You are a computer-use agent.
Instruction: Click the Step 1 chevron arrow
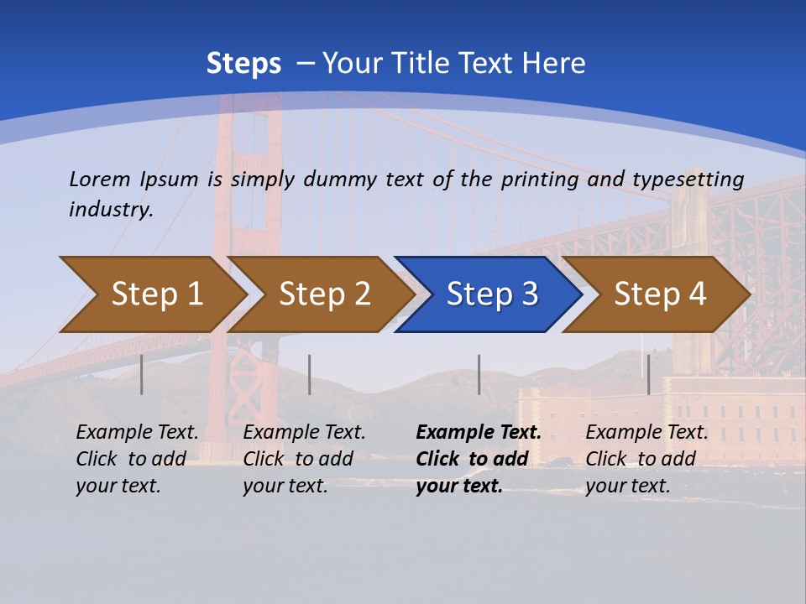pos(154,294)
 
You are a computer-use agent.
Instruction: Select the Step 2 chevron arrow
pos(322,294)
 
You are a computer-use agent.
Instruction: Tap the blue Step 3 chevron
pos(490,294)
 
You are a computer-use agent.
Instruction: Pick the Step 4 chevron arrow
pos(658,294)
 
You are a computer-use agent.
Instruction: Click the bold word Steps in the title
pos(243,64)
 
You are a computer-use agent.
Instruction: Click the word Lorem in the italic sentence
pos(99,179)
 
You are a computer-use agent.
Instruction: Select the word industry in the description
pos(111,210)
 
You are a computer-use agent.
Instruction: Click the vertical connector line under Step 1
pos(142,374)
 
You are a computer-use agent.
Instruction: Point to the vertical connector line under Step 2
pos(310,374)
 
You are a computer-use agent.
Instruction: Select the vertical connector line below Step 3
pos(479,374)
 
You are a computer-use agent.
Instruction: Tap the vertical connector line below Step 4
pos(648,374)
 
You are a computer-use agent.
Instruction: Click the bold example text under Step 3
pos(478,459)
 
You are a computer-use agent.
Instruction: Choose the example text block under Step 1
pos(137,459)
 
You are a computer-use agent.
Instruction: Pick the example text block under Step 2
pos(304,459)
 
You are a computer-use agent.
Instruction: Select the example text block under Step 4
pos(646,459)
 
